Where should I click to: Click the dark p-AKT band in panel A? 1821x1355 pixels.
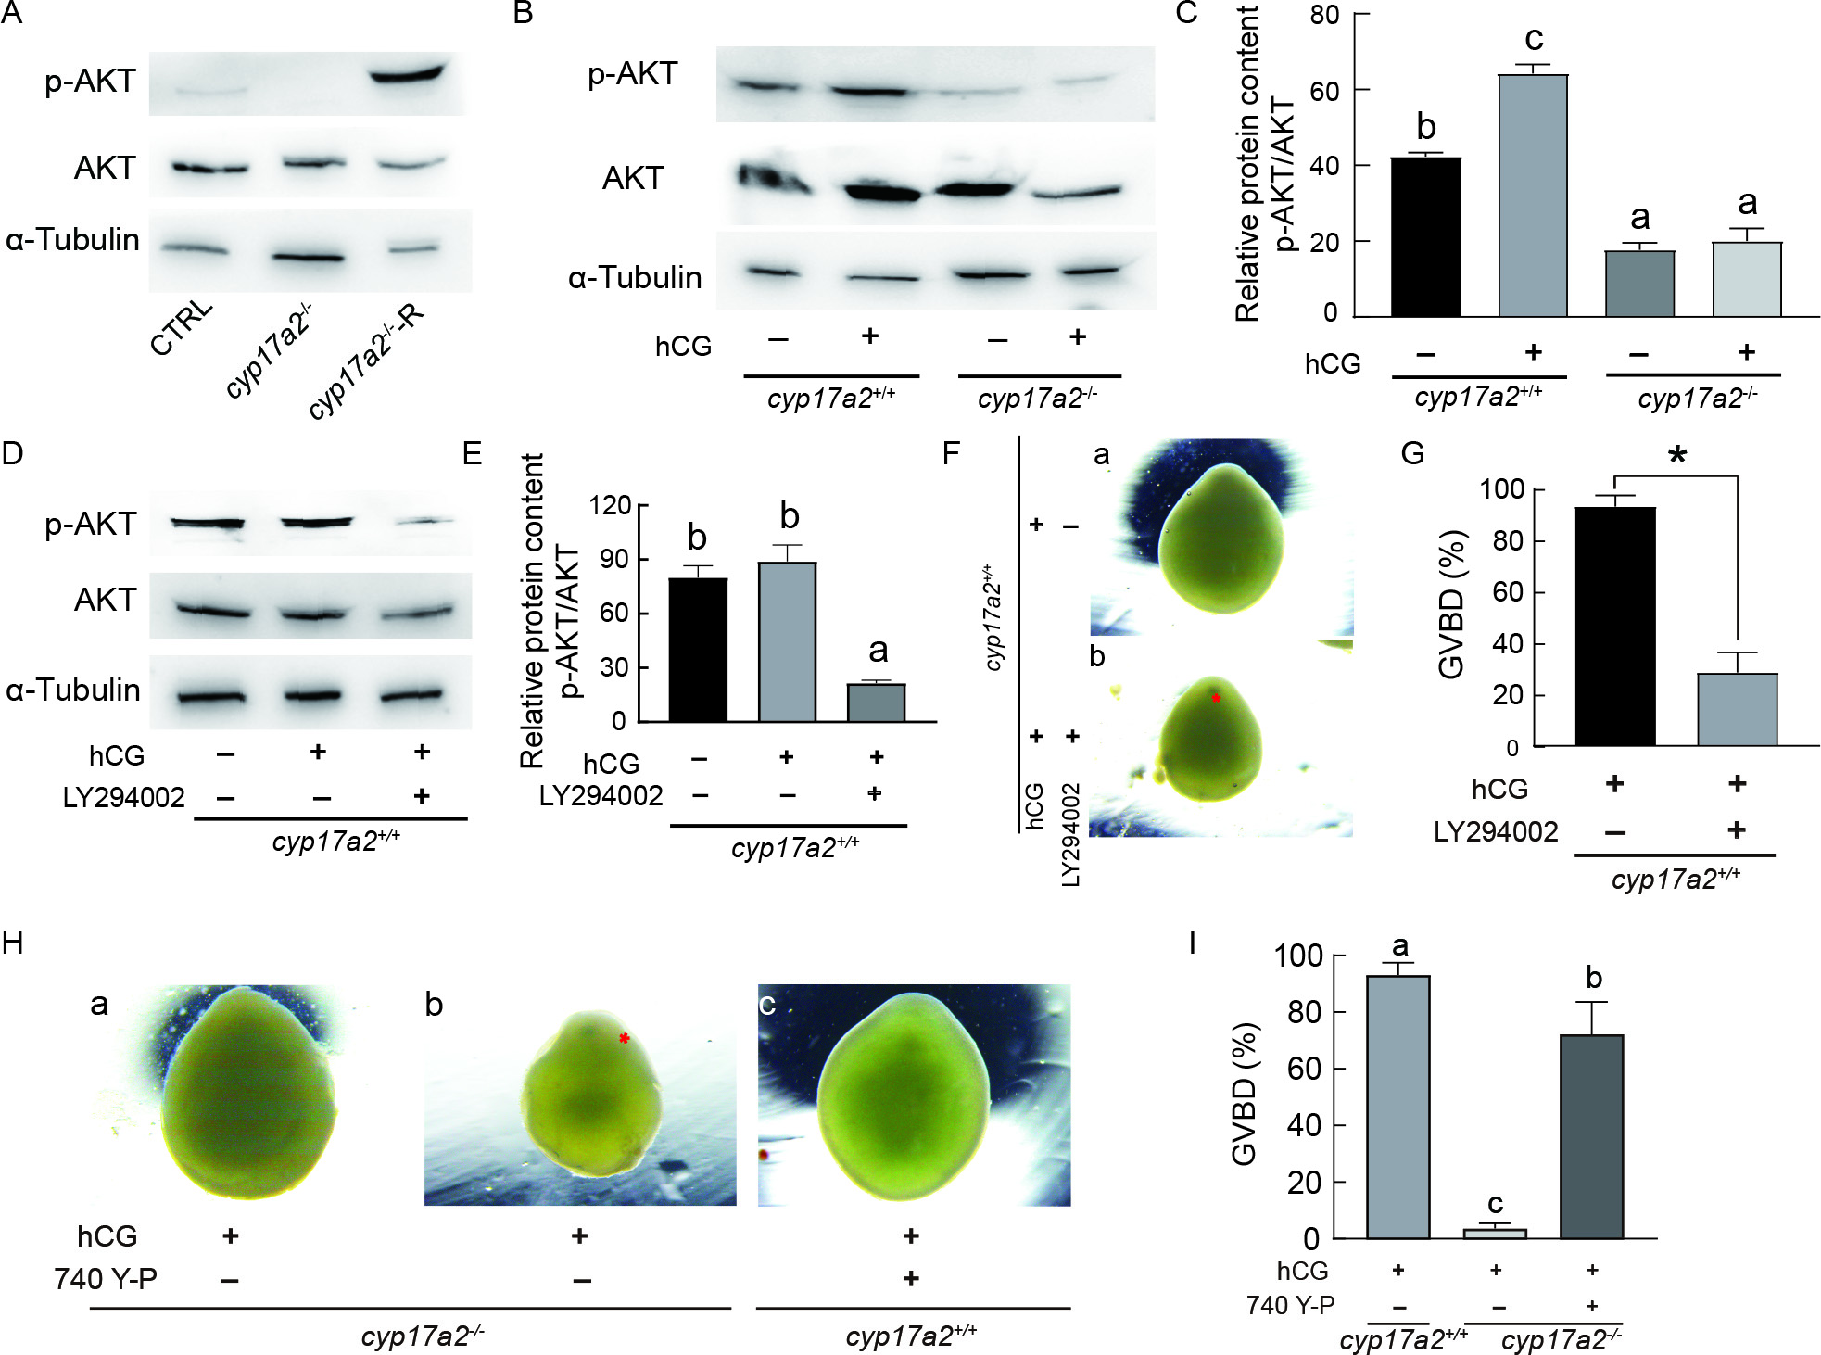408,72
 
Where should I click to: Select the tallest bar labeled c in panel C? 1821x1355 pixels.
1533,195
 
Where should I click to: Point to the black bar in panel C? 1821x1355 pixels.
1425,237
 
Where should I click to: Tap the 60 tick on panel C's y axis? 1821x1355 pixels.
1324,91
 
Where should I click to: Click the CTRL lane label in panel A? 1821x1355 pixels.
182,328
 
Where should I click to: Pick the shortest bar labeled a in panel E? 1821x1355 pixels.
876,702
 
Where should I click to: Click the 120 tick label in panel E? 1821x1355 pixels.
611,506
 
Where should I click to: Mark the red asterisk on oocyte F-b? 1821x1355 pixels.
1216,697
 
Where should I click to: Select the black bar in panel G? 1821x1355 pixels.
1614,627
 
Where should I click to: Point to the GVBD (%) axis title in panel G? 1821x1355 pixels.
1452,604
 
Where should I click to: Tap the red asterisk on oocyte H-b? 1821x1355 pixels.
625,1039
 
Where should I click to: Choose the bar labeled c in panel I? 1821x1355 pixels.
1495,1233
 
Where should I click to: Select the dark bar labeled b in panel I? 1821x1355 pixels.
1591,1136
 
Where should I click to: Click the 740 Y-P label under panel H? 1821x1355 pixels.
106,1279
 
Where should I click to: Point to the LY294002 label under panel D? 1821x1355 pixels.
123,797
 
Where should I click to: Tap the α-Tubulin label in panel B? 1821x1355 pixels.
635,277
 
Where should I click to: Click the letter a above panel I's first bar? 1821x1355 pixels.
1399,946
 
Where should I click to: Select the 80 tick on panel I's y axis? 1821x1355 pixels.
1303,1012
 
